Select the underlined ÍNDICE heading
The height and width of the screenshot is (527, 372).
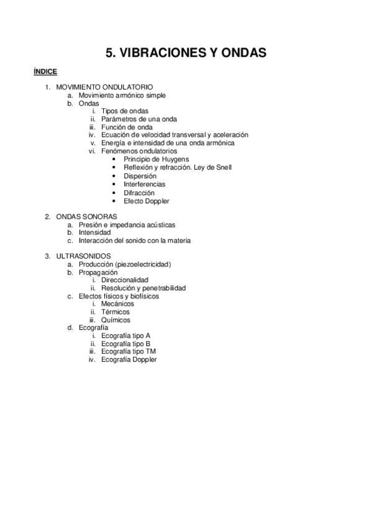tap(45, 71)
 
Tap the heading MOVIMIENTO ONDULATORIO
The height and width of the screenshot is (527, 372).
tap(104, 87)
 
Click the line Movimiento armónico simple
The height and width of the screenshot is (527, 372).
tap(122, 95)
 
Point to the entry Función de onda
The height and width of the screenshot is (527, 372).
tap(127, 127)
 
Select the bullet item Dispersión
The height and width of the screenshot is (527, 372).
tap(140, 176)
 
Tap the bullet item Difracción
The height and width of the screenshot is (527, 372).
tap(140, 193)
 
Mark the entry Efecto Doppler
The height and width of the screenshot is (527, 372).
tap(147, 201)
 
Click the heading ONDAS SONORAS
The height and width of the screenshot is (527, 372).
tap(86, 216)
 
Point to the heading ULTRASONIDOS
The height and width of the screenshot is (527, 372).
tap(83, 256)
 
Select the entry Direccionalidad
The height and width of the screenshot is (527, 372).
tap(125, 280)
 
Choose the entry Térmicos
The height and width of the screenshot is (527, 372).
tap(116, 312)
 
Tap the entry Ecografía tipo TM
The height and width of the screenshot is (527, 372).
tap(129, 352)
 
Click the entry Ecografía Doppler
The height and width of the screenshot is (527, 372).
tap(129, 360)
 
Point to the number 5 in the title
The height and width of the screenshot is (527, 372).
tap(109, 53)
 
